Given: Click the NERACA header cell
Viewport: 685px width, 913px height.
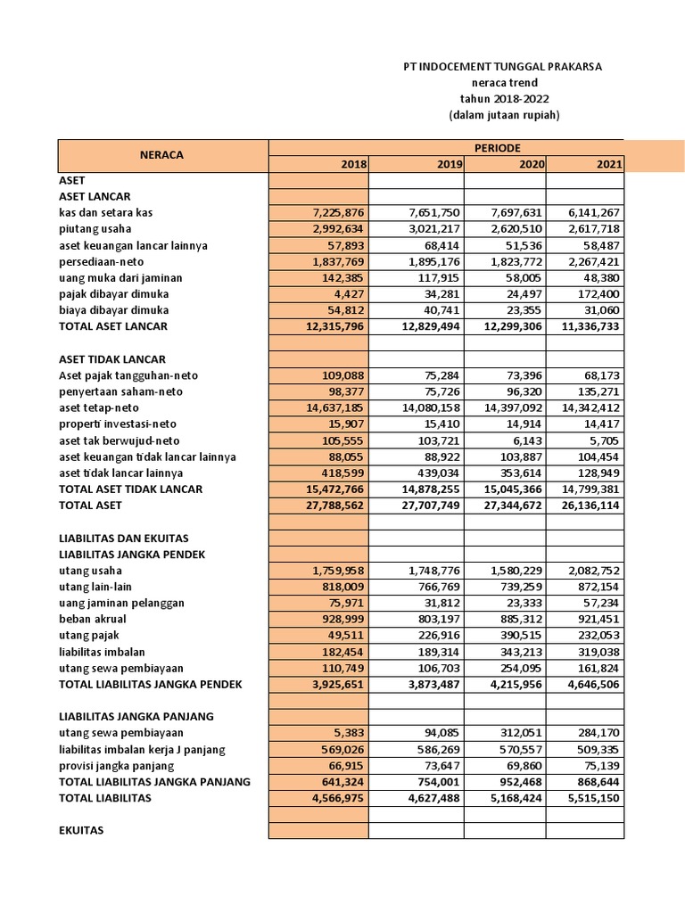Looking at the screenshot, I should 161,155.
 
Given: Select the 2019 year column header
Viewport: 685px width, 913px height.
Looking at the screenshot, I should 450,164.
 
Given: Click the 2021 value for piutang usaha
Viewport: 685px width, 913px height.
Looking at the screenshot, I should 593,228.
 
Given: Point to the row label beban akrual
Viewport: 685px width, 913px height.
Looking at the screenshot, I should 93,619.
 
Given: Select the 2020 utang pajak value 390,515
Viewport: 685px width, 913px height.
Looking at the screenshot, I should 520,635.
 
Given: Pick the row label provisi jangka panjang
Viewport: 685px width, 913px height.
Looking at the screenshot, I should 116,766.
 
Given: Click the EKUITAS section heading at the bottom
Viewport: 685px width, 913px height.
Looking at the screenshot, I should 81,830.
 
